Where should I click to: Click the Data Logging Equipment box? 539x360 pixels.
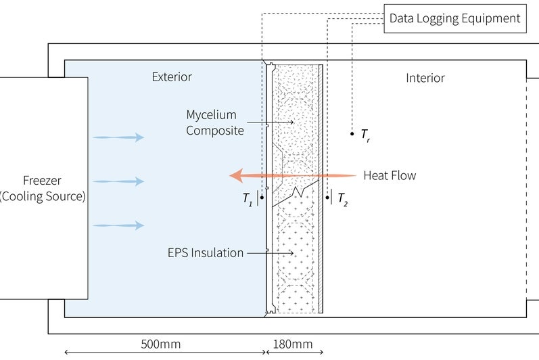[455, 18]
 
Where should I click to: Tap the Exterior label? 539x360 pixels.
[172, 77]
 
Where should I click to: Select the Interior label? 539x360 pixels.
[425, 78]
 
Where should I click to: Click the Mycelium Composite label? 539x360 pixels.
[215, 122]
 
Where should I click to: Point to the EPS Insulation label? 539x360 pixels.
[206, 253]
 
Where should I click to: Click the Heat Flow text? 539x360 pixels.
[390, 175]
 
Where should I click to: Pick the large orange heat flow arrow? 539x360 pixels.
[291, 176]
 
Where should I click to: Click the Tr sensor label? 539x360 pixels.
[365, 136]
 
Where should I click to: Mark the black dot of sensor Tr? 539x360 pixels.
[352, 134]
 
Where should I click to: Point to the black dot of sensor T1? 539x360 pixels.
[262, 198]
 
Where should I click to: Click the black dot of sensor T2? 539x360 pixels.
[326, 198]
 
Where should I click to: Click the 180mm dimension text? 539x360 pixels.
[292, 344]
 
